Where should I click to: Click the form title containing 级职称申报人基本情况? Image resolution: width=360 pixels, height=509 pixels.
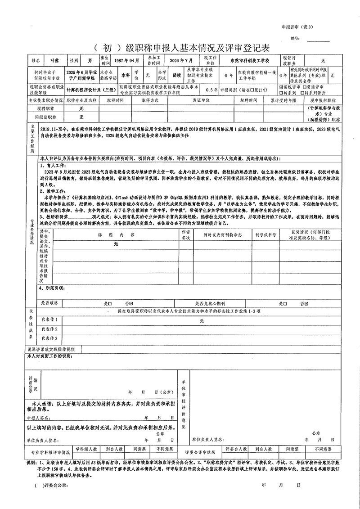tap(180, 47)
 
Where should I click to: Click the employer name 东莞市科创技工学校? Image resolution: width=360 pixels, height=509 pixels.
tap(249, 60)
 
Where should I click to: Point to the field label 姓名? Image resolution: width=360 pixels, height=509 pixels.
tap(36, 60)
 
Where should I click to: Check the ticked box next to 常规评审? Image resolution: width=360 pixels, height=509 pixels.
tap(282, 86)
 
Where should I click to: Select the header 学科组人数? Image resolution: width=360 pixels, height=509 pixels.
tap(86, 449)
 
